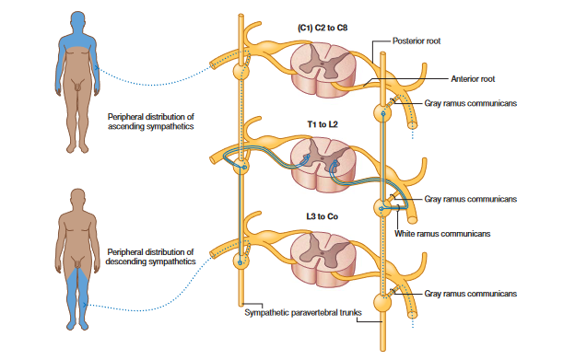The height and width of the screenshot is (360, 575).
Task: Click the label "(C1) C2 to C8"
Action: (x=323, y=28)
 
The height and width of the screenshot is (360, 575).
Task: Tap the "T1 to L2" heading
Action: (x=323, y=124)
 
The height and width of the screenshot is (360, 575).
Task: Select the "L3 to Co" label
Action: (x=322, y=216)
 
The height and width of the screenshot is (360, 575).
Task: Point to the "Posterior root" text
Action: (x=417, y=41)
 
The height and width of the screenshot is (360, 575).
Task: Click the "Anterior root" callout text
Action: (x=473, y=79)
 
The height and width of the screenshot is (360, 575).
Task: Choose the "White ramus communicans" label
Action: (x=442, y=234)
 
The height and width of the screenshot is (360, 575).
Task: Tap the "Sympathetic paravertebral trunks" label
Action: (x=303, y=312)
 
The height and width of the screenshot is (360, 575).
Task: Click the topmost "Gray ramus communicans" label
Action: (x=471, y=103)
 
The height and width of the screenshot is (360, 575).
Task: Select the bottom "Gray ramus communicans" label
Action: (x=471, y=294)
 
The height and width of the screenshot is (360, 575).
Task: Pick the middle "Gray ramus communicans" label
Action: (x=471, y=199)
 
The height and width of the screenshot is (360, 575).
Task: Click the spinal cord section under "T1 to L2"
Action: (x=323, y=165)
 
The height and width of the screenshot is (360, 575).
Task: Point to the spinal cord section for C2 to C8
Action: (x=323, y=70)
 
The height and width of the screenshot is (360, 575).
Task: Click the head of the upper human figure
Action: (x=77, y=21)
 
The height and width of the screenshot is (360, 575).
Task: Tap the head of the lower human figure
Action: (x=77, y=199)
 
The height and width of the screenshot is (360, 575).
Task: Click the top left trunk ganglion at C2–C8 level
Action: (x=241, y=71)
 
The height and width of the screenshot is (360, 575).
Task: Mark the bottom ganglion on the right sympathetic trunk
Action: (x=382, y=303)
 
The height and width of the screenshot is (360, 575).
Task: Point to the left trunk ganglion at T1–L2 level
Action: (x=241, y=167)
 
